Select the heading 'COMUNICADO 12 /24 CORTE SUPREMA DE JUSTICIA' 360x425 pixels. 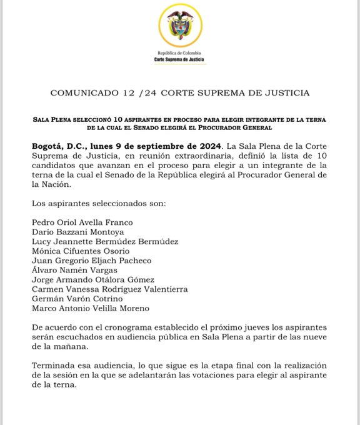pyautogui.click(x=179, y=94)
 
